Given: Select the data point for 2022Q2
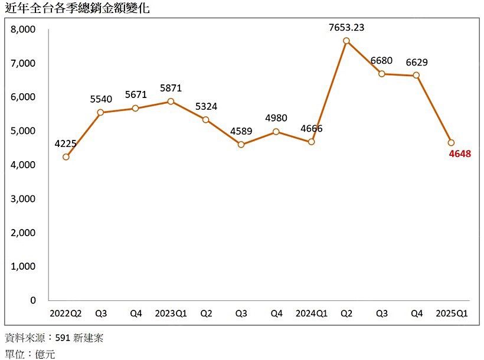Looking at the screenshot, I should [x=66, y=157].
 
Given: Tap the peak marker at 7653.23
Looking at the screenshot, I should [x=346, y=41].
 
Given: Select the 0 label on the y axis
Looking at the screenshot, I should [x=33, y=300].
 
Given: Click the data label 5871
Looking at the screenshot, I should [x=171, y=89].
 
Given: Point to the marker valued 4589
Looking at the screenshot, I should [x=241, y=145].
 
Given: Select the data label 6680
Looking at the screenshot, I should [x=382, y=61].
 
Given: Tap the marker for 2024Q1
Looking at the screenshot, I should [x=311, y=142].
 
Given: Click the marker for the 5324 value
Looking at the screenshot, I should [x=206, y=120].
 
